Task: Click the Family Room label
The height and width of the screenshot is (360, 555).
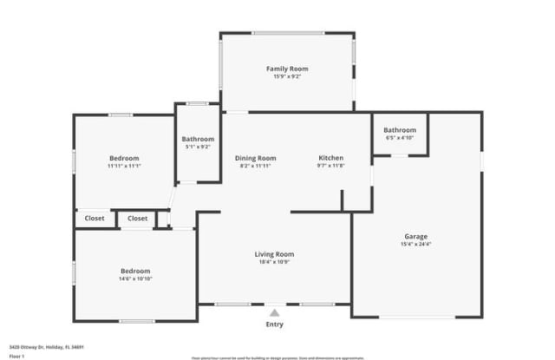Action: [286, 69]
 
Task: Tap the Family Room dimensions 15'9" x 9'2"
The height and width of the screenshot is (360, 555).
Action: [286, 77]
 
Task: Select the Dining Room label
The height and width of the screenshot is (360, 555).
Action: [255, 158]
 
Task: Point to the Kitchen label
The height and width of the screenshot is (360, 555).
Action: [330, 158]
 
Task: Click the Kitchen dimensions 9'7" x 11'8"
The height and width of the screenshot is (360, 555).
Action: [330, 166]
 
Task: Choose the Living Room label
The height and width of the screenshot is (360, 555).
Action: [274, 254]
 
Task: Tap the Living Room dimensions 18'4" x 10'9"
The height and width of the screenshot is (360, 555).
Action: [274, 262]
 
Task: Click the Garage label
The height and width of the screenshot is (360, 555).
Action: [415, 236]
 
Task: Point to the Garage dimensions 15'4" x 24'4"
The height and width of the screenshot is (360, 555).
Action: [415, 244]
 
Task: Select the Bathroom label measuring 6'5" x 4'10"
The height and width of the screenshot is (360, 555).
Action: [400, 130]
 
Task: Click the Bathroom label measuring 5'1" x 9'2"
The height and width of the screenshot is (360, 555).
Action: [198, 139]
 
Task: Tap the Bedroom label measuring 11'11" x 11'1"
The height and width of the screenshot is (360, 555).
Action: [124, 158]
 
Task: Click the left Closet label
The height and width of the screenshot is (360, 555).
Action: [95, 219]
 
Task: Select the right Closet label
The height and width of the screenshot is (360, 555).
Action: [137, 219]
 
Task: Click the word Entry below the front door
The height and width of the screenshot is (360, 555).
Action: [274, 324]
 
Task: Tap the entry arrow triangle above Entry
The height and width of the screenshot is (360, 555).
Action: [274, 311]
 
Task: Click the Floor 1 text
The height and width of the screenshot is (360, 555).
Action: [17, 356]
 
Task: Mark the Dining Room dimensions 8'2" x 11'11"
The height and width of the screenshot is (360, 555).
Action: [255, 166]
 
